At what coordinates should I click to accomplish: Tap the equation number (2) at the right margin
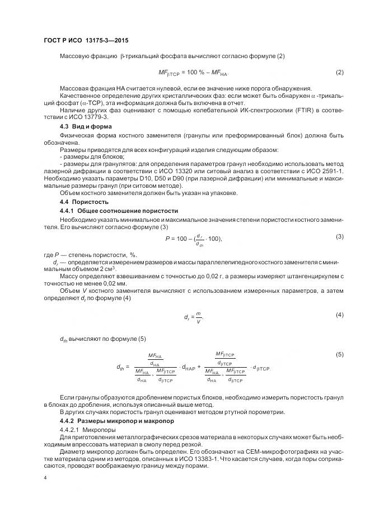pos(339,73)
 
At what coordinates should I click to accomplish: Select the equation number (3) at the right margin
pos(339,236)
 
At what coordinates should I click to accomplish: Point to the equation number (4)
pos(339,315)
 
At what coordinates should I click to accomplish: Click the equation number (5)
pos(339,355)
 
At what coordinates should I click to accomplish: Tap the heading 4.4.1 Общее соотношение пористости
pos(119,211)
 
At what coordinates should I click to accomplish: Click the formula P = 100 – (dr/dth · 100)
pos(194,239)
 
